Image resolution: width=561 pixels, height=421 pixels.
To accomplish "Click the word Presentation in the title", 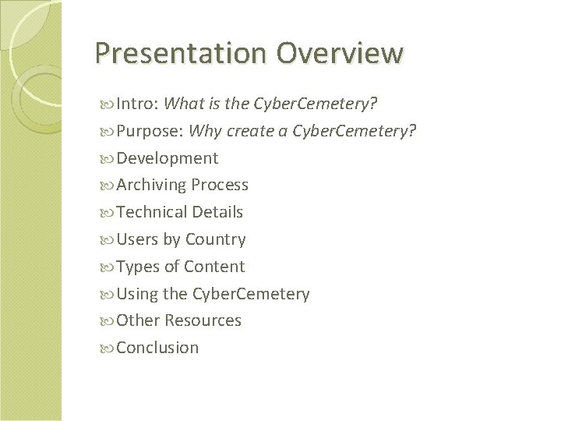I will pyautogui.click(x=182, y=53).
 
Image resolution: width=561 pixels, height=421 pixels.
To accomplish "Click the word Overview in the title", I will pyautogui.click(x=340, y=53).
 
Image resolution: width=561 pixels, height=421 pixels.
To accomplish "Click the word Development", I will pyautogui.click(x=168, y=158).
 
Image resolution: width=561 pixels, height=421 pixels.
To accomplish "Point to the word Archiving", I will pyautogui.click(x=152, y=186).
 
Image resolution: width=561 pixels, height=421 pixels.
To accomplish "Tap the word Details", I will pyautogui.click(x=218, y=212).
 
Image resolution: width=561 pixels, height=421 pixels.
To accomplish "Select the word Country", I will pyautogui.click(x=215, y=239).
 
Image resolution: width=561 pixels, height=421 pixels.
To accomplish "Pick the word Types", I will pyautogui.click(x=138, y=267).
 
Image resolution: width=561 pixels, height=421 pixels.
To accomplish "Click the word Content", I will pyautogui.click(x=214, y=267).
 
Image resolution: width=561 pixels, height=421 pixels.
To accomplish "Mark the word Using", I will pyautogui.click(x=138, y=294).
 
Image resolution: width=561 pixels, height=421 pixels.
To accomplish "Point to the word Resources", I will pyautogui.click(x=203, y=320).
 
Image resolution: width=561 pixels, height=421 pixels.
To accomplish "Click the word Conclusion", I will pyautogui.click(x=158, y=348).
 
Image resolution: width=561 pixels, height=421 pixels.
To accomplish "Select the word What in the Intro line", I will pyautogui.click(x=185, y=104).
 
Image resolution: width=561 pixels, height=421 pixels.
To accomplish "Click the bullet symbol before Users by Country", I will pyautogui.click(x=108, y=240).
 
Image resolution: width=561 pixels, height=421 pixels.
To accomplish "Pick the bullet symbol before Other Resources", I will pyautogui.click(x=108, y=321).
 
